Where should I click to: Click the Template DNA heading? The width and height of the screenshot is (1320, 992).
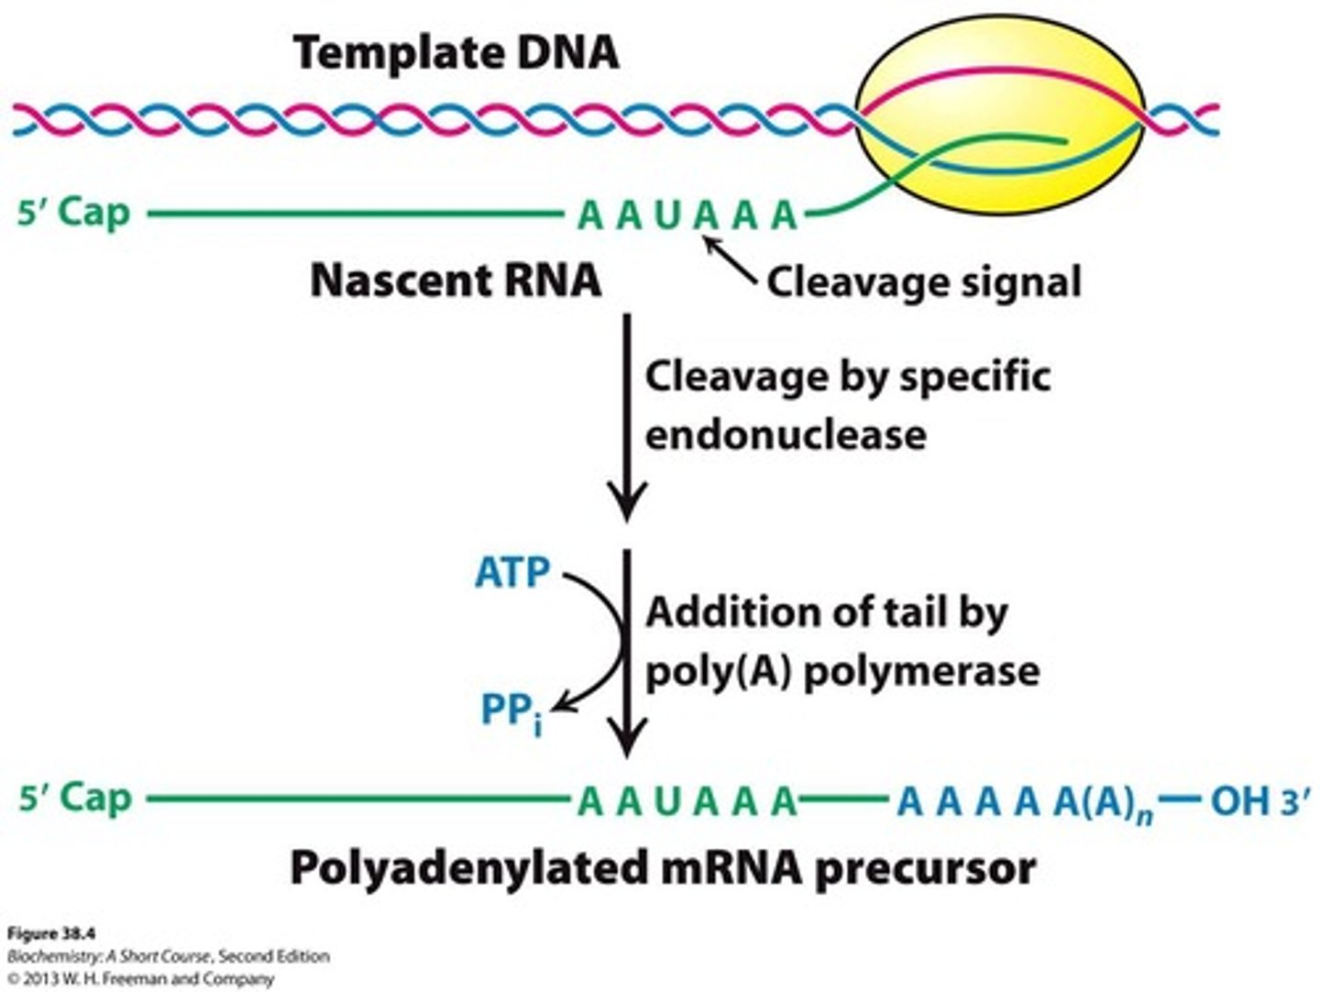pos(456,52)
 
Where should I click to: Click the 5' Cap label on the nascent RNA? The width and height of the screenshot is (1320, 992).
pos(74,214)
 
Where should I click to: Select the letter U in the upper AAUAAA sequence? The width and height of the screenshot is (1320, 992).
pos(667,216)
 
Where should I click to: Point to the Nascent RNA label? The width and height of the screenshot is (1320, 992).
pos(456,281)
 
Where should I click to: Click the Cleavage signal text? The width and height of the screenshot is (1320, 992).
pos(923,281)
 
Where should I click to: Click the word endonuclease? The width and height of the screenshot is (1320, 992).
pos(785,434)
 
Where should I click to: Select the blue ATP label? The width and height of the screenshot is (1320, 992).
pos(511,574)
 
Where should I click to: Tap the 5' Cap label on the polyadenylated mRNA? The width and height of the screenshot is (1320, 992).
pos(74,799)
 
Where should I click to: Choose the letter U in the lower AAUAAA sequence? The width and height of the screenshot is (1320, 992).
pos(667,801)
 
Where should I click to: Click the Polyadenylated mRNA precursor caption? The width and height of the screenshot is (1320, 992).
pos(662,867)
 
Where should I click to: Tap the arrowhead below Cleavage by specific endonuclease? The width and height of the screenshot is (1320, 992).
pos(627,506)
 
